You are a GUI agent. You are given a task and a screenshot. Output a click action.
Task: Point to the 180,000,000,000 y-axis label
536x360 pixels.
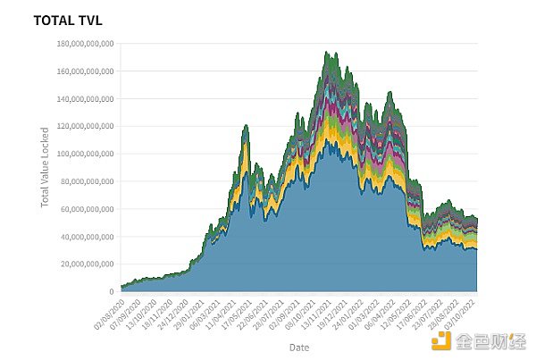[83, 44]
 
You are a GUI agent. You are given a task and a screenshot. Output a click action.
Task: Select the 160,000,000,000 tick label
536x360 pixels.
[83, 71]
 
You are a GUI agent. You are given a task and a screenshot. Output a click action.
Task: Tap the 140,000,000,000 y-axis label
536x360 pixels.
[83, 99]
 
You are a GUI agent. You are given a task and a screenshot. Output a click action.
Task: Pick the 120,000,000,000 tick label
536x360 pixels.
[83, 127]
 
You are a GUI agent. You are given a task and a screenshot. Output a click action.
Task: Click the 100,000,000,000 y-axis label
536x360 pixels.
[83, 154]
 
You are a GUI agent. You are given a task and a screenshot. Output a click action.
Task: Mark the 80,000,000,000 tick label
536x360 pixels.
[86, 181]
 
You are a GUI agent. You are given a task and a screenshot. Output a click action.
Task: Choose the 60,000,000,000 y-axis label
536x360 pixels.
[86, 209]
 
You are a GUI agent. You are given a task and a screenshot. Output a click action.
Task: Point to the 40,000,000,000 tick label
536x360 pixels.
[86, 237]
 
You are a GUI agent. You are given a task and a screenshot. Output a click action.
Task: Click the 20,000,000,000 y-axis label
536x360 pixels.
[86, 264]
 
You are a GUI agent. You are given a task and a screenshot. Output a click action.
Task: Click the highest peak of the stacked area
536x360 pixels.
[326, 52]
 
